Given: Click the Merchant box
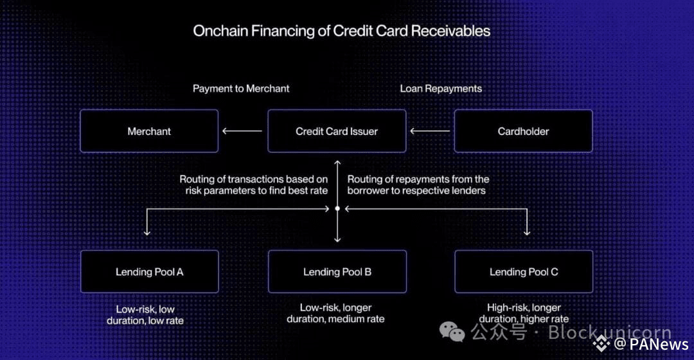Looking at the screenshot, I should [149, 131].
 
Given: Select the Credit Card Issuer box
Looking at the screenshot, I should [337, 131].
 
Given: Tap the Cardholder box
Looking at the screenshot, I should [523, 131].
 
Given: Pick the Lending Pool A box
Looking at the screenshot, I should [149, 272].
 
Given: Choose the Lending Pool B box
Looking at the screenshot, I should [337, 272].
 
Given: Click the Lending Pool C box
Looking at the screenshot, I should [524, 272].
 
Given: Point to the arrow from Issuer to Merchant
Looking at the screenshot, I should [242, 131].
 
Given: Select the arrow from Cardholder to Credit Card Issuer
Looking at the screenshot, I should [430, 131].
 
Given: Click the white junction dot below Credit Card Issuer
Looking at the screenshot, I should [337, 208].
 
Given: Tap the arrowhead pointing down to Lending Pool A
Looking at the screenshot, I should [148, 232].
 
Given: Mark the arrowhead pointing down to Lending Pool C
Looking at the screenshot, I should [527, 232].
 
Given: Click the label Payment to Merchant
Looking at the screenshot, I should [241, 89].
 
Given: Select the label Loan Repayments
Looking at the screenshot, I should [441, 89].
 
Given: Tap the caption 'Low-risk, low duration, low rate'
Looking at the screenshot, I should [150, 314].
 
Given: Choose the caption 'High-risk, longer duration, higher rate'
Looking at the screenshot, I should [524, 313].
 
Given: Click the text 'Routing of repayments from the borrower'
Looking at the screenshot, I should [418, 184].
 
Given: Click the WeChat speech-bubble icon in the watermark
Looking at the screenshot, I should [452, 332].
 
